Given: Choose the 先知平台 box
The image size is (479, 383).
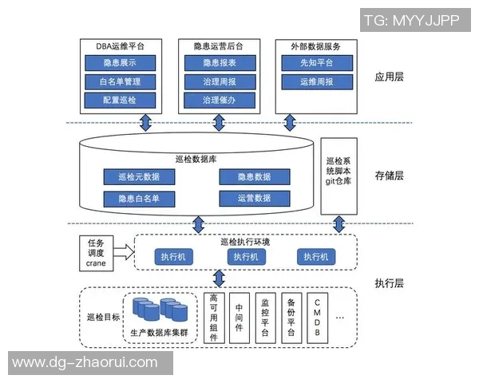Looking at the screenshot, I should pos(316,63).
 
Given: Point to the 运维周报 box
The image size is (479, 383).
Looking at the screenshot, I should pos(316,82).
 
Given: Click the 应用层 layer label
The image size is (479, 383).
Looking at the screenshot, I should pos(389,78).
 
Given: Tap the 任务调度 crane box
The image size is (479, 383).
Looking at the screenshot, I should pos(96,252).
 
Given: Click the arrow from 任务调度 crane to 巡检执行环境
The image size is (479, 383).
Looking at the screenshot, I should pos(123,252).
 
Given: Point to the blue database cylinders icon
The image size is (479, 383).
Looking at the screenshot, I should pos(160,310).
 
